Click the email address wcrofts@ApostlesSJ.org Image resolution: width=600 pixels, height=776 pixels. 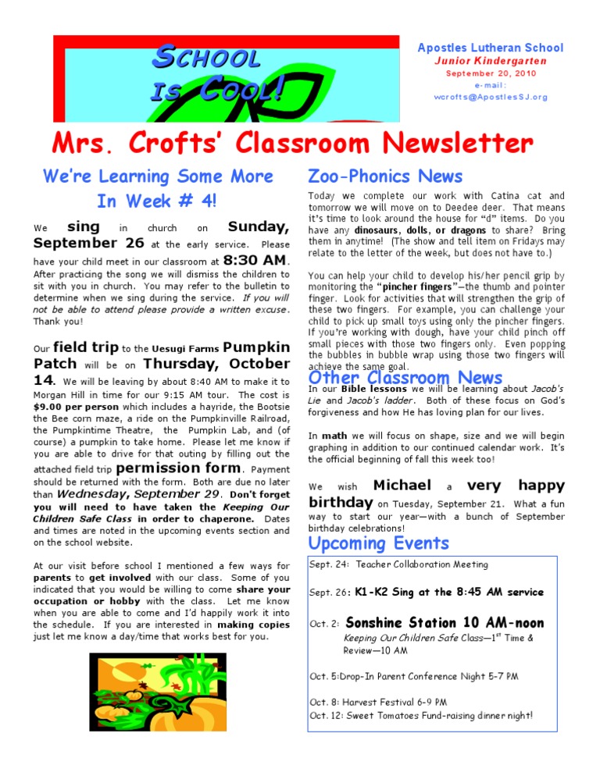[x=491, y=97]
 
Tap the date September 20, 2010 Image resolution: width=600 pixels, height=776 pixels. [x=491, y=73]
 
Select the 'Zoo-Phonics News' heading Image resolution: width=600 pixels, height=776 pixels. [x=385, y=176]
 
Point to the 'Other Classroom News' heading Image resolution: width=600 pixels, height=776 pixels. [x=405, y=378]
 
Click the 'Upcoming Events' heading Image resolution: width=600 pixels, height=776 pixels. [x=379, y=543]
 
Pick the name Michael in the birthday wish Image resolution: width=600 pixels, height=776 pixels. [x=402, y=486]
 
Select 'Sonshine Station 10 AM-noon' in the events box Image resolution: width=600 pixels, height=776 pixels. [x=444, y=623]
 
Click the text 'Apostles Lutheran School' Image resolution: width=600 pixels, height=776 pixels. [x=491, y=48]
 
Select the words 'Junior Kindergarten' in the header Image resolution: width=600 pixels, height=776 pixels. [x=491, y=61]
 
